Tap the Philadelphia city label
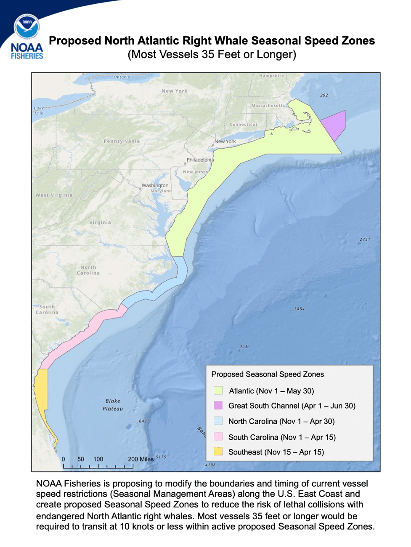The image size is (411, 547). [x=200, y=160]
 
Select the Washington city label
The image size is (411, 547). [x=155, y=185]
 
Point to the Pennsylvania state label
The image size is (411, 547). [x=122, y=141]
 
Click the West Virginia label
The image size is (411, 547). [x=54, y=195]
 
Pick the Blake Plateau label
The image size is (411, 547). [x=113, y=405]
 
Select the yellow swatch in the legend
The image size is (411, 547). [x=218, y=452]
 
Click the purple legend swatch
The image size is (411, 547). [x=218, y=406]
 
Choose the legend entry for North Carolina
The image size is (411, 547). [x=281, y=421]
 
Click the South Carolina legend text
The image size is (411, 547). [x=282, y=437]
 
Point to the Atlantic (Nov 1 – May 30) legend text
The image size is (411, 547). [x=271, y=391]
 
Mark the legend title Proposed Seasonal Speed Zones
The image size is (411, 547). [x=268, y=374]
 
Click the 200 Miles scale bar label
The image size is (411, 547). [x=141, y=459]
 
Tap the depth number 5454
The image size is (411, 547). [x=300, y=309]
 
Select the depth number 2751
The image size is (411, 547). [x=365, y=239]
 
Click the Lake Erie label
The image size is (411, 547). [x=39, y=110]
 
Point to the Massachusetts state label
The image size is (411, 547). [x=268, y=106]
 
